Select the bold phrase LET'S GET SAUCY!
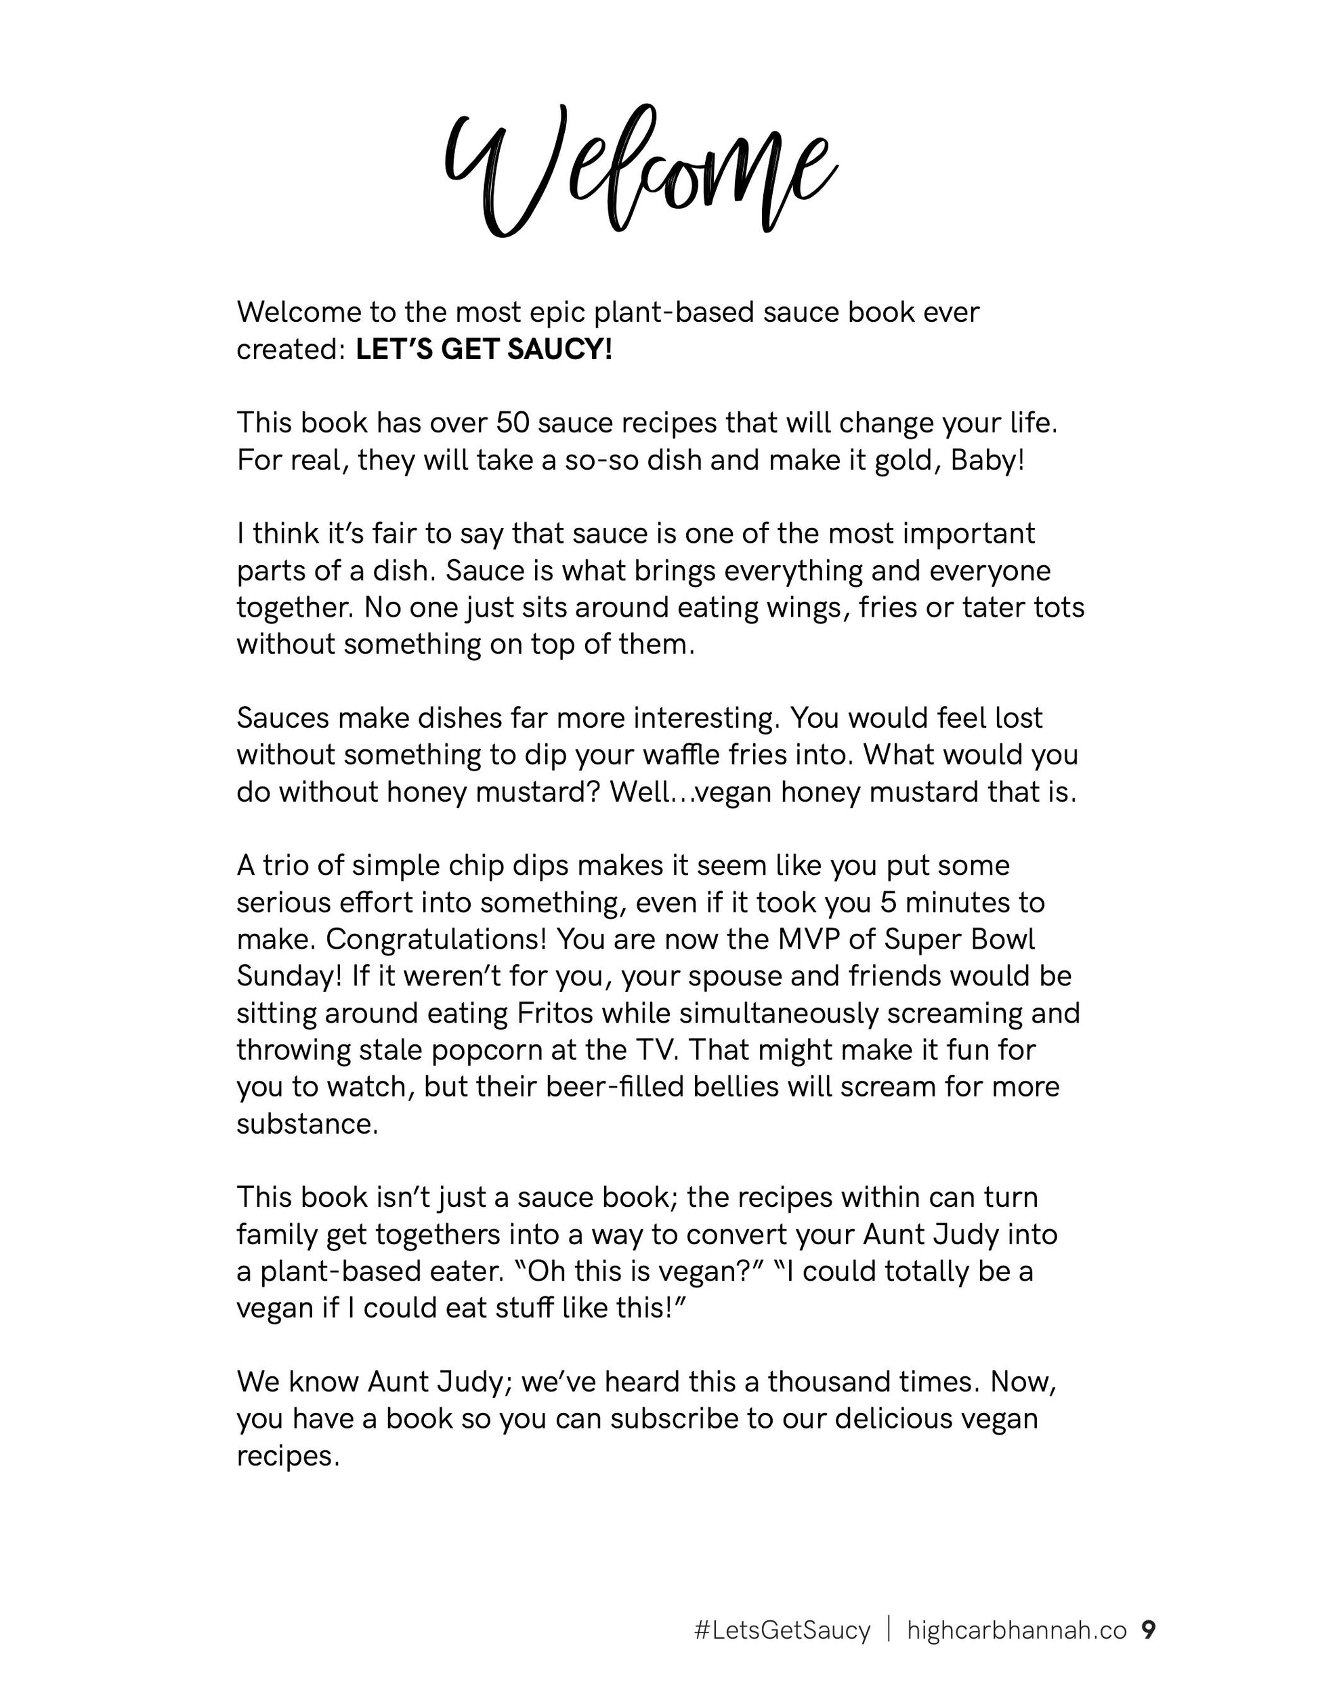tap(484, 350)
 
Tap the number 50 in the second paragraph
tap(513, 423)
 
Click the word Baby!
tap(987, 460)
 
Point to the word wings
tap(807, 607)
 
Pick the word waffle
tap(680, 755)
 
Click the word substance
tap(307, 1124)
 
